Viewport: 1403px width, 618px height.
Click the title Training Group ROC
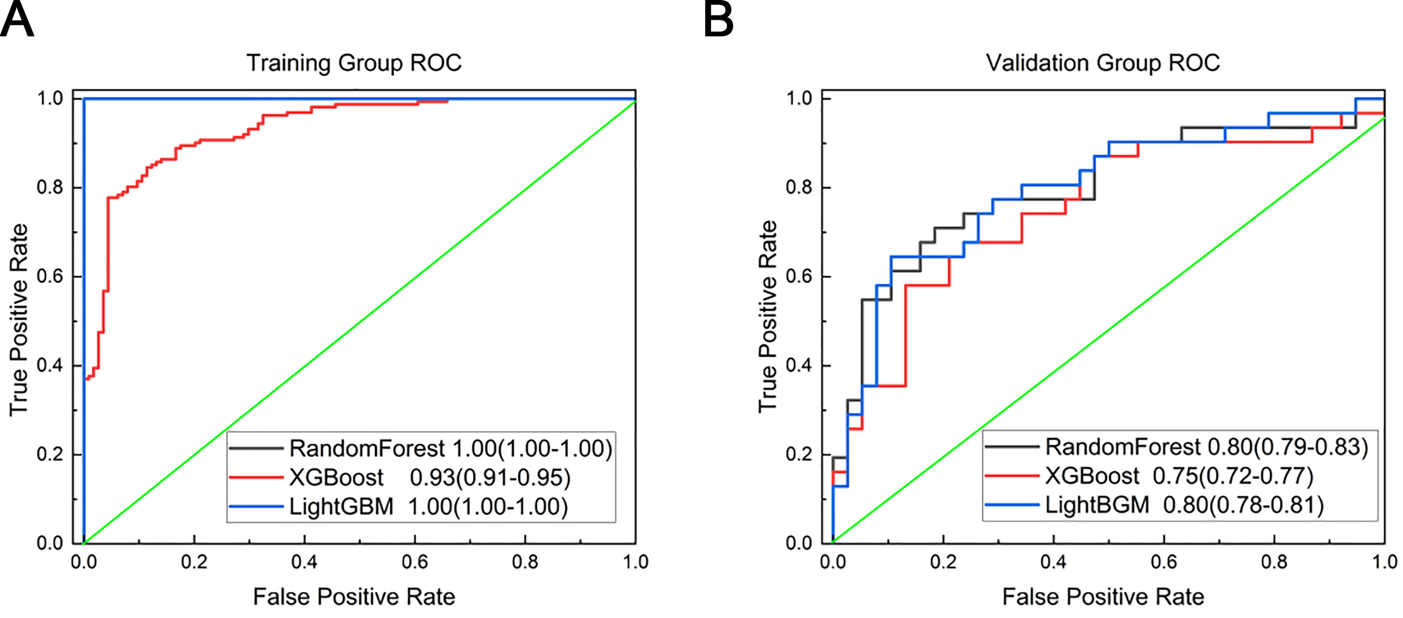pyautogui.click(x=354, y=63)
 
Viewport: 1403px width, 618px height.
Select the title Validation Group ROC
pyautogui.click(x=1103, y=63)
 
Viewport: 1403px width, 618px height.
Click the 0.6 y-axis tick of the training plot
pyautogui.click(x=50, y=276)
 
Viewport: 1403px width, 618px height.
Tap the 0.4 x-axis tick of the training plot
pyautogui.click(x=304, y=562)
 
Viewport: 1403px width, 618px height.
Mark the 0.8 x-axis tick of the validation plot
pyautogui.click(x=1275, y=562)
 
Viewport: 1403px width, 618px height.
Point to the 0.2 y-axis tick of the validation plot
pyautogui.click(x=799, y=454)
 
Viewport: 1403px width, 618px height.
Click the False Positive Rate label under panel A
pyautogui.click(x=354, y=597)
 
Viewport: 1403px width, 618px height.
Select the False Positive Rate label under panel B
pyautogui.click(x=1103, y=597)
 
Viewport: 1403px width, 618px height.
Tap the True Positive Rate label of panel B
pyautogui.click(x=768, y=316)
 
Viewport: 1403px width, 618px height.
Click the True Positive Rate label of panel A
pyautogui.click(x=18, y=320)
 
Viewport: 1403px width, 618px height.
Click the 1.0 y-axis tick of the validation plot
pyautogui.click(x=799, y=99)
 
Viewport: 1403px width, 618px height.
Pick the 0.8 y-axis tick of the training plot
pyautogui.click(x=50, y=187)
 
